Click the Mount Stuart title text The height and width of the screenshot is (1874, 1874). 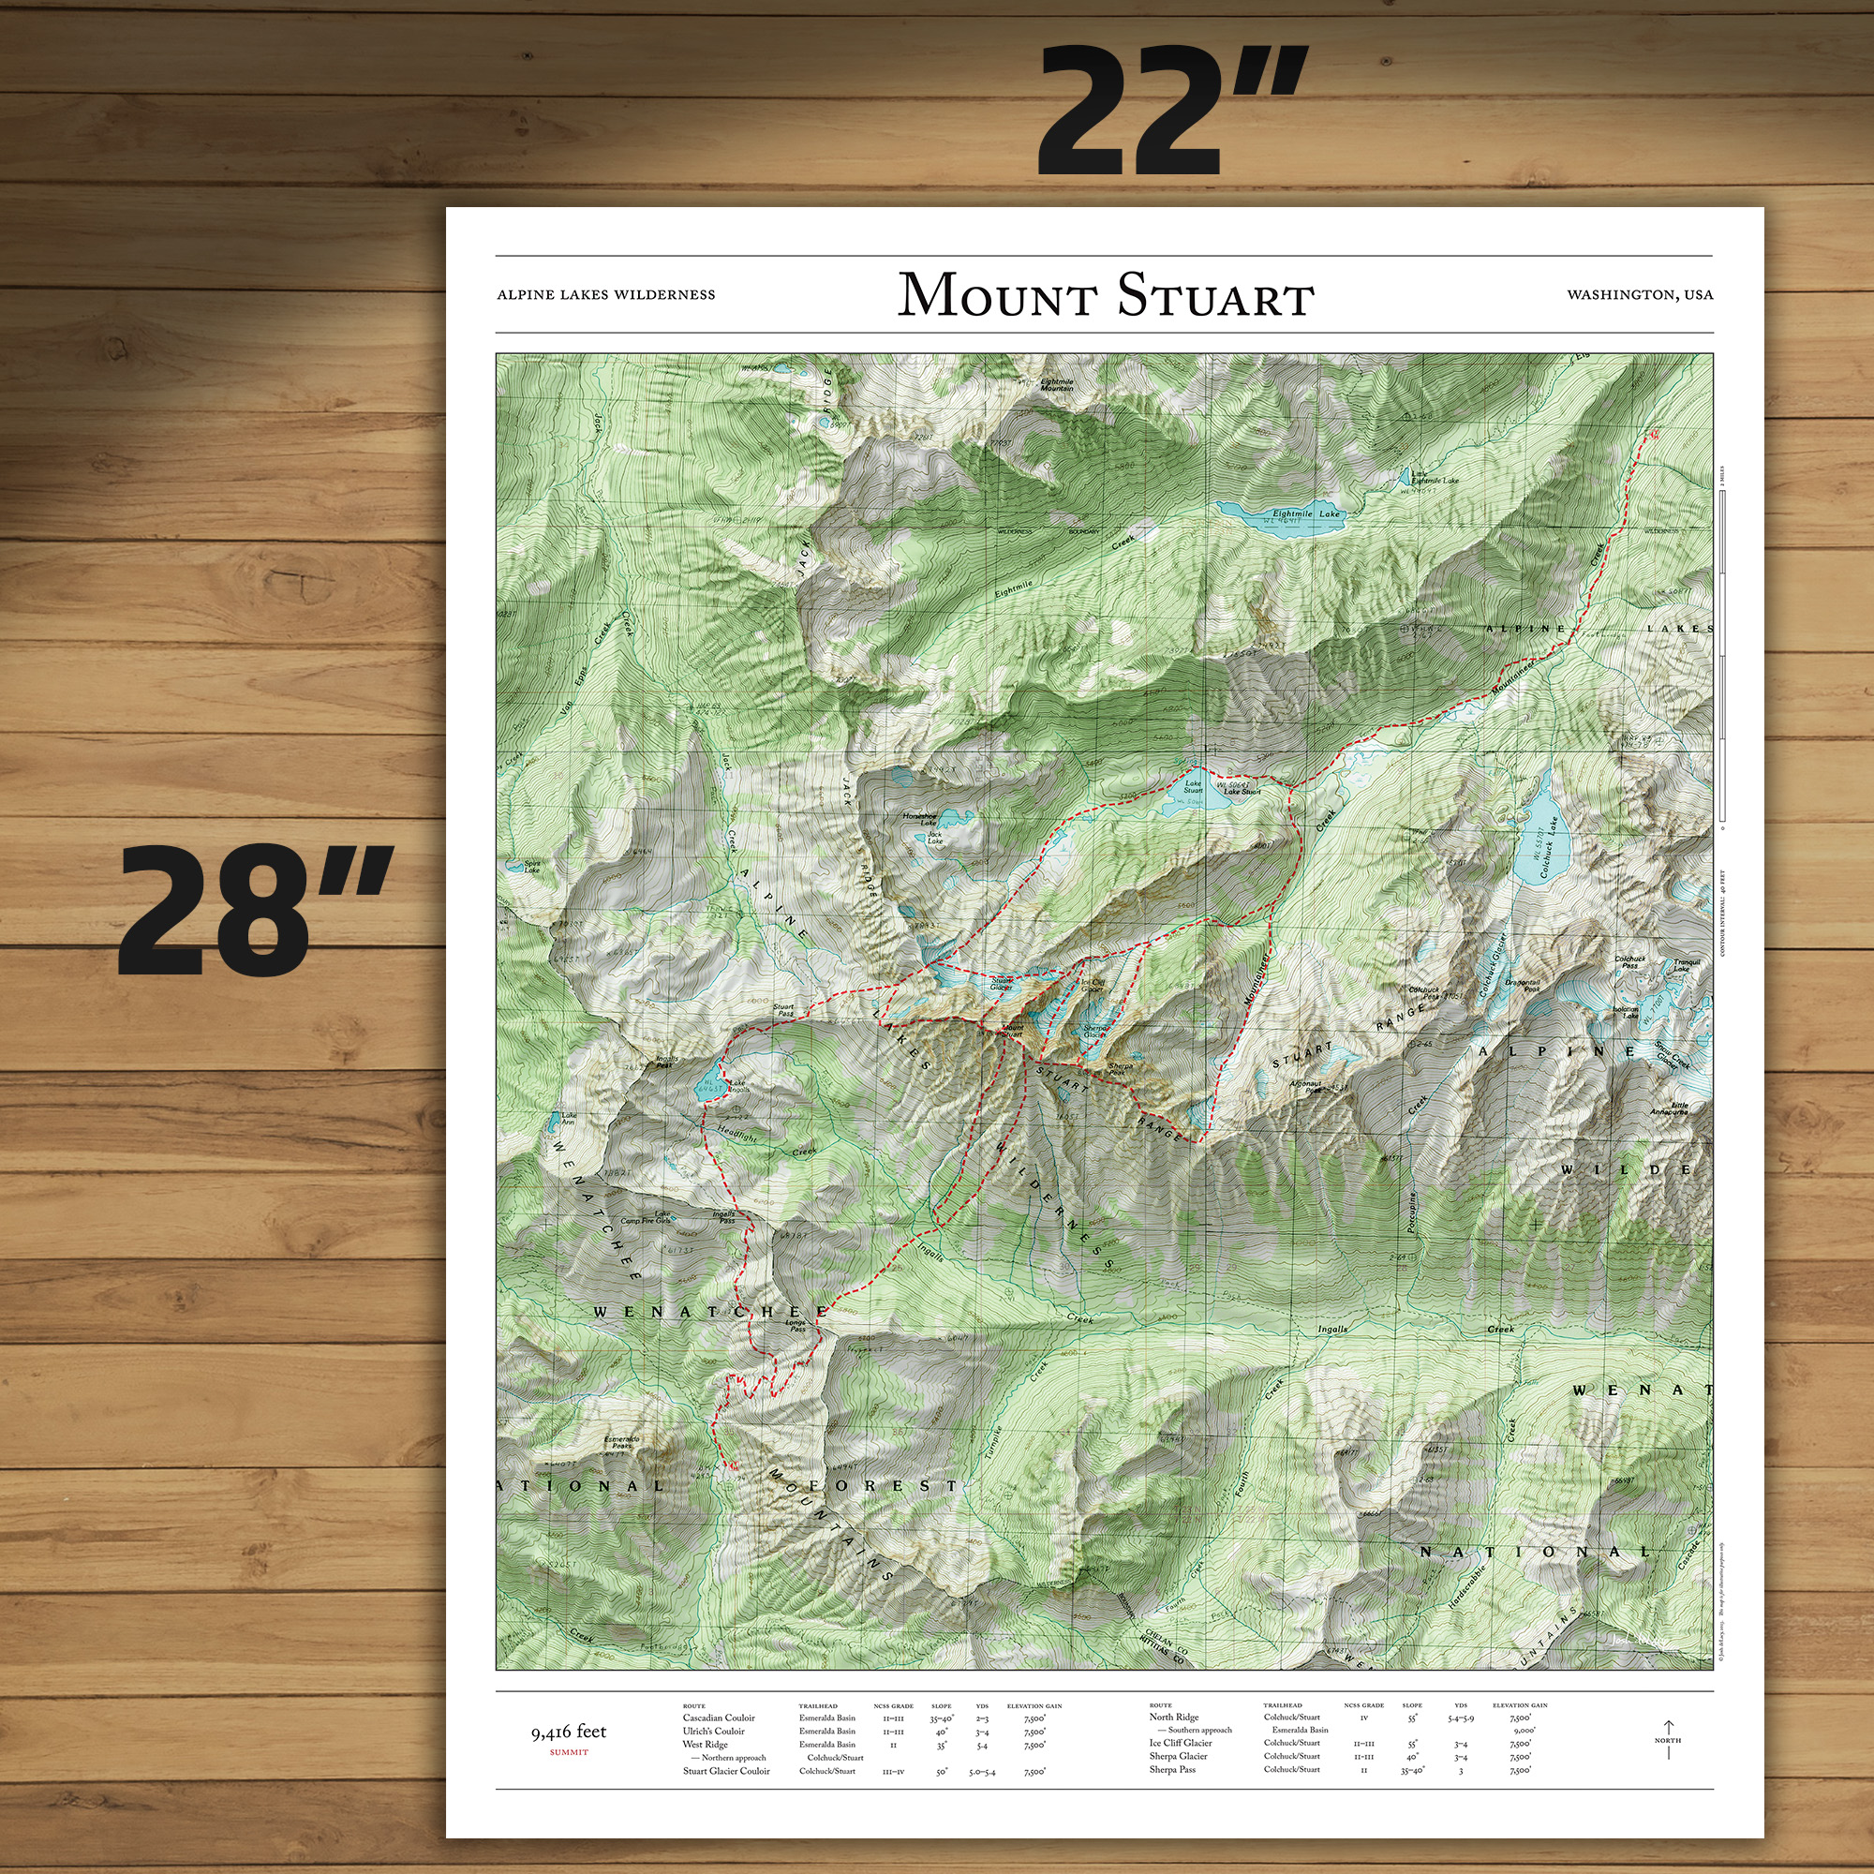coord(1105,295)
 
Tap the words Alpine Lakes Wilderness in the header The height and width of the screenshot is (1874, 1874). coord(606,295)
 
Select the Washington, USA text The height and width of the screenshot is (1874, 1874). coord(1639,295)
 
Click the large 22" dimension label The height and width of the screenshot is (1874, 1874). coord(1172,112)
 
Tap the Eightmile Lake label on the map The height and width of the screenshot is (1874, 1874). coord(1305,514)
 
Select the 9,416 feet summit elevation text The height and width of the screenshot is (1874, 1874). coord(569,1732)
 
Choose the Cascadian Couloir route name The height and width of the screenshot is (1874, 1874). coord(718,1718)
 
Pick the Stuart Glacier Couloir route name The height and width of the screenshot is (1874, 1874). coord(725,1771)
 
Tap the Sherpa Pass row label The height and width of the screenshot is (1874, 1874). coord(1172,1769)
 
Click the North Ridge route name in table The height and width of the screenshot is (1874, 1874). coord(1174,1717)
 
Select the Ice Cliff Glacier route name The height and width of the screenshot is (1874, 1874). coord(1181,1743)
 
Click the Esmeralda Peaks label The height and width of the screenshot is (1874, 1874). coord(622,1443)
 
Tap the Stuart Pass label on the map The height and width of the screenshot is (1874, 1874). coord(783,1011)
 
